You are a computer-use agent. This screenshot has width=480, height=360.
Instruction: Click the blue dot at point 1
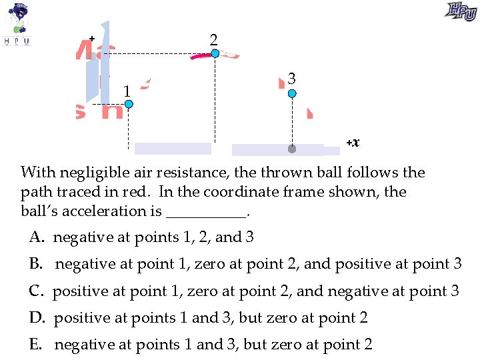(x=129, y=104)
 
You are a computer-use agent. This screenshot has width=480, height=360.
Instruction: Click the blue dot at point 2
(x=215, y=53)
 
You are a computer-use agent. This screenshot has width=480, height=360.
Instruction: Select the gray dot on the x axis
(x=291, y=149)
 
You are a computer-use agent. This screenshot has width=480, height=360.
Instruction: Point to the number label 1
(x=125, y=90)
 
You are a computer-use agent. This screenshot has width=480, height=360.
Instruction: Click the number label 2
(x=213, y=40)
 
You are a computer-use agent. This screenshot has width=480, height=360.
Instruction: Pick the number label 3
(x=292, y=79)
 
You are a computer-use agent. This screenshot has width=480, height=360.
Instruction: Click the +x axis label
(x=353, y=142)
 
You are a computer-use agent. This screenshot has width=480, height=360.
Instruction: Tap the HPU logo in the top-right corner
(x=461, y=11)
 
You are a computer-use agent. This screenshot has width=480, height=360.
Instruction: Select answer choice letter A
(x=35, y=237)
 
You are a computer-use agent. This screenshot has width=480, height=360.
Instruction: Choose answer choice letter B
(x=35, y=264)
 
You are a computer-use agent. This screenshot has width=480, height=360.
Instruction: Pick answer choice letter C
(x=35, y=291)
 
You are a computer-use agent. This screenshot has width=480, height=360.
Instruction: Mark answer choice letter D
(x=36, y=318)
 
